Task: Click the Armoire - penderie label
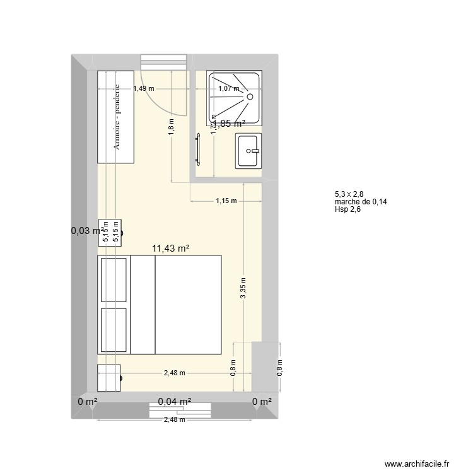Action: (117, 117)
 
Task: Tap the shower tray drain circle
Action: (250, 96)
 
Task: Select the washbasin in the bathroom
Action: (248, 151)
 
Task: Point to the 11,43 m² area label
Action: (171, 249)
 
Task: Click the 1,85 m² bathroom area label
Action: (228, 124)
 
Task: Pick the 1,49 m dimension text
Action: (144, 89)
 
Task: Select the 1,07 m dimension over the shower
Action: (228, 89)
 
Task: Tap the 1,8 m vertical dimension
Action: (171, 128)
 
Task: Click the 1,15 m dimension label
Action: (226, 201)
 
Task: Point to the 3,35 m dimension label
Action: (243, 289)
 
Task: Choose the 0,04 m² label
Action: (175, 400)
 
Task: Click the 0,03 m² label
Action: (87, 231)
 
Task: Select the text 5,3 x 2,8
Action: (349, 195)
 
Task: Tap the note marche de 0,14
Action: (360, 202)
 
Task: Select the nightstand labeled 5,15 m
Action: (110, 231)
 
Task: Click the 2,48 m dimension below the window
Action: (174, 419)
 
